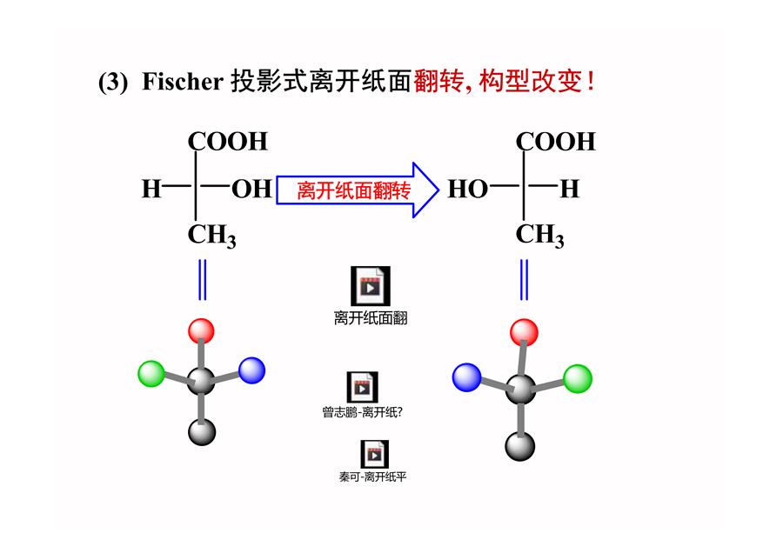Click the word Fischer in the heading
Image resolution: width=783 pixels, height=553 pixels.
tap(183, 82)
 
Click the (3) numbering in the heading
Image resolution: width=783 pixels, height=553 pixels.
tap(113, 82)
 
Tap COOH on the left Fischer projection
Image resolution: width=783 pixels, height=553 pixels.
tap(228, 141)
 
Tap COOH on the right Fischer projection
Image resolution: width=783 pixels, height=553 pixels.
tap(555, 141)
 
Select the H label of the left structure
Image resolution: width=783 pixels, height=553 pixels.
tap(151, 190)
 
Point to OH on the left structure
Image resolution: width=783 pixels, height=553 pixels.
tap(251, 190)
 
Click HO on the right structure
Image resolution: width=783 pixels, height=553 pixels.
tap(467, 190)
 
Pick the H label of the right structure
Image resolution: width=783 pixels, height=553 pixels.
tap(569, 190)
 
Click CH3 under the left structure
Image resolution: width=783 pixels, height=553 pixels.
tap(211, 235)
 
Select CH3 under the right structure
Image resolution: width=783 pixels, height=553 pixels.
tap(539, 235)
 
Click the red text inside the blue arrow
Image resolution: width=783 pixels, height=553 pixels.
tap(353, 190)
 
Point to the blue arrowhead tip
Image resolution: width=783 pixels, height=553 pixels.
tap(438, 190)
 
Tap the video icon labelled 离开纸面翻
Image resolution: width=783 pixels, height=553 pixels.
tap(370, 286)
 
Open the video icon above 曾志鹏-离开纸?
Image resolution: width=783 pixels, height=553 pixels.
tap(362, 387)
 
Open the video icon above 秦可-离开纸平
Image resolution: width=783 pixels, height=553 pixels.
tap(374, 454)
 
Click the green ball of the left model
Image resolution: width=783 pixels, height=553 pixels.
tap(151, 373)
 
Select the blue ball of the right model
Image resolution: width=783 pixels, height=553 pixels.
tap(466, 377)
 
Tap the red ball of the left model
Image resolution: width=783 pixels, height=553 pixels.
tap(201, 331)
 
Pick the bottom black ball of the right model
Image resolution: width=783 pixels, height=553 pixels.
tap(520, 446)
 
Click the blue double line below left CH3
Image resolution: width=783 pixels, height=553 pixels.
tap(202, 279)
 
